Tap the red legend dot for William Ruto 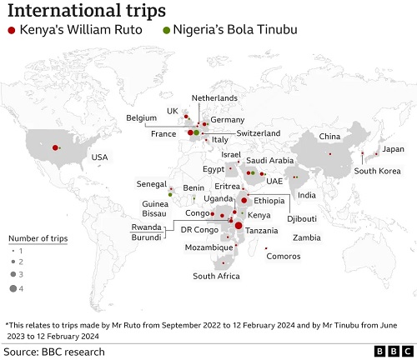11,31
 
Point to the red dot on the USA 55,147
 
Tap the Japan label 392,150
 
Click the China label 329,136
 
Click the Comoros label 284,256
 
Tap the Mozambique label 208,247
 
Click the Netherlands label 214,97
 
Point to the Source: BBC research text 54,352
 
